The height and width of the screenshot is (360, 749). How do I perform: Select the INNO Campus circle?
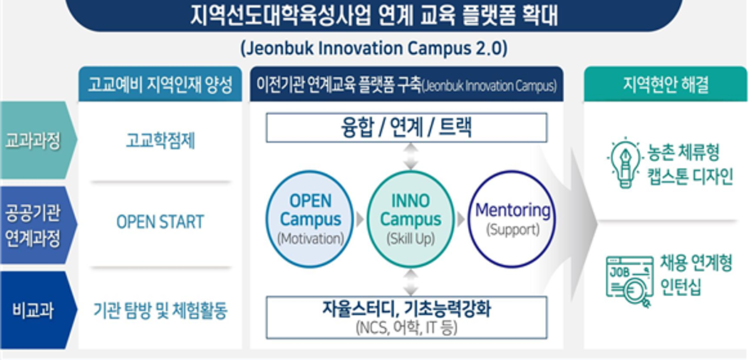(x=410, y=219)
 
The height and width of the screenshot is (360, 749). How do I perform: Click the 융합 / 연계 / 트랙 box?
(x=406, y=128)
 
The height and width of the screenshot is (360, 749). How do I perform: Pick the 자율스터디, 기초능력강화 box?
(x=406, y=317)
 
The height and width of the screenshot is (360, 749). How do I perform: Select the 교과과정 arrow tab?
(x=38, y=140)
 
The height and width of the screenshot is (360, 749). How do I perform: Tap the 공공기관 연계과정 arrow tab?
(x=38, y=225)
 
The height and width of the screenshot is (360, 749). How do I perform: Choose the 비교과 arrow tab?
(x=38, y=310)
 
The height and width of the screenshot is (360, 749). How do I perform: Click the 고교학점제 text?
(x=160, y=141)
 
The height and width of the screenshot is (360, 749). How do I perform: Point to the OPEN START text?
(x=160, y=222)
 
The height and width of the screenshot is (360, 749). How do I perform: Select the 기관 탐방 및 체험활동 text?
(x=160, y=312)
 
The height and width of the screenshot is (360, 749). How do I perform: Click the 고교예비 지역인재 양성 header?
(x=160, y=85)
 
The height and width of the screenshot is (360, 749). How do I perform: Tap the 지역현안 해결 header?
(x=666, y=85)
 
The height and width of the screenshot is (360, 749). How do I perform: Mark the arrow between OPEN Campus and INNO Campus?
(x=360, y=220)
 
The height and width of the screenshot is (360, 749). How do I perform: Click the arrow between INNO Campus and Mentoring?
(x=461, y=220)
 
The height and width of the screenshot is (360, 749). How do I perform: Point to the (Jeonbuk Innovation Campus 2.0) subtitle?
(x=374, y=48)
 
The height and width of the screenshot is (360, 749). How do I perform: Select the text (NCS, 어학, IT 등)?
(x=406, y=328)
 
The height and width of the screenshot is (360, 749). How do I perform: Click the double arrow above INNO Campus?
(x=410, y=156)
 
